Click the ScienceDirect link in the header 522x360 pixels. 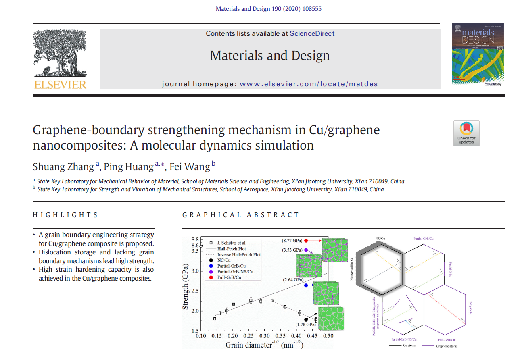(312, 33)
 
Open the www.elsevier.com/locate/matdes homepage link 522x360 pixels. (309, 84)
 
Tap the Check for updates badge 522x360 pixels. (466, 133)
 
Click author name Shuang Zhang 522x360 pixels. (63, 166)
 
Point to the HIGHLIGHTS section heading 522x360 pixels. (65, 215)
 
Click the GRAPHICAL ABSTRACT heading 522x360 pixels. (241, 215)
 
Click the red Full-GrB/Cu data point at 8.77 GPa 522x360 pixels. (307, 240)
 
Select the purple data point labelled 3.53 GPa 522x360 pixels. (306, 250)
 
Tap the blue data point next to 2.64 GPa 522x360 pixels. (307, 285)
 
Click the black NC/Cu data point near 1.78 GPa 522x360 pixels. (306, 320)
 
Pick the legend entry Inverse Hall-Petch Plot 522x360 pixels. (238, 255)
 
